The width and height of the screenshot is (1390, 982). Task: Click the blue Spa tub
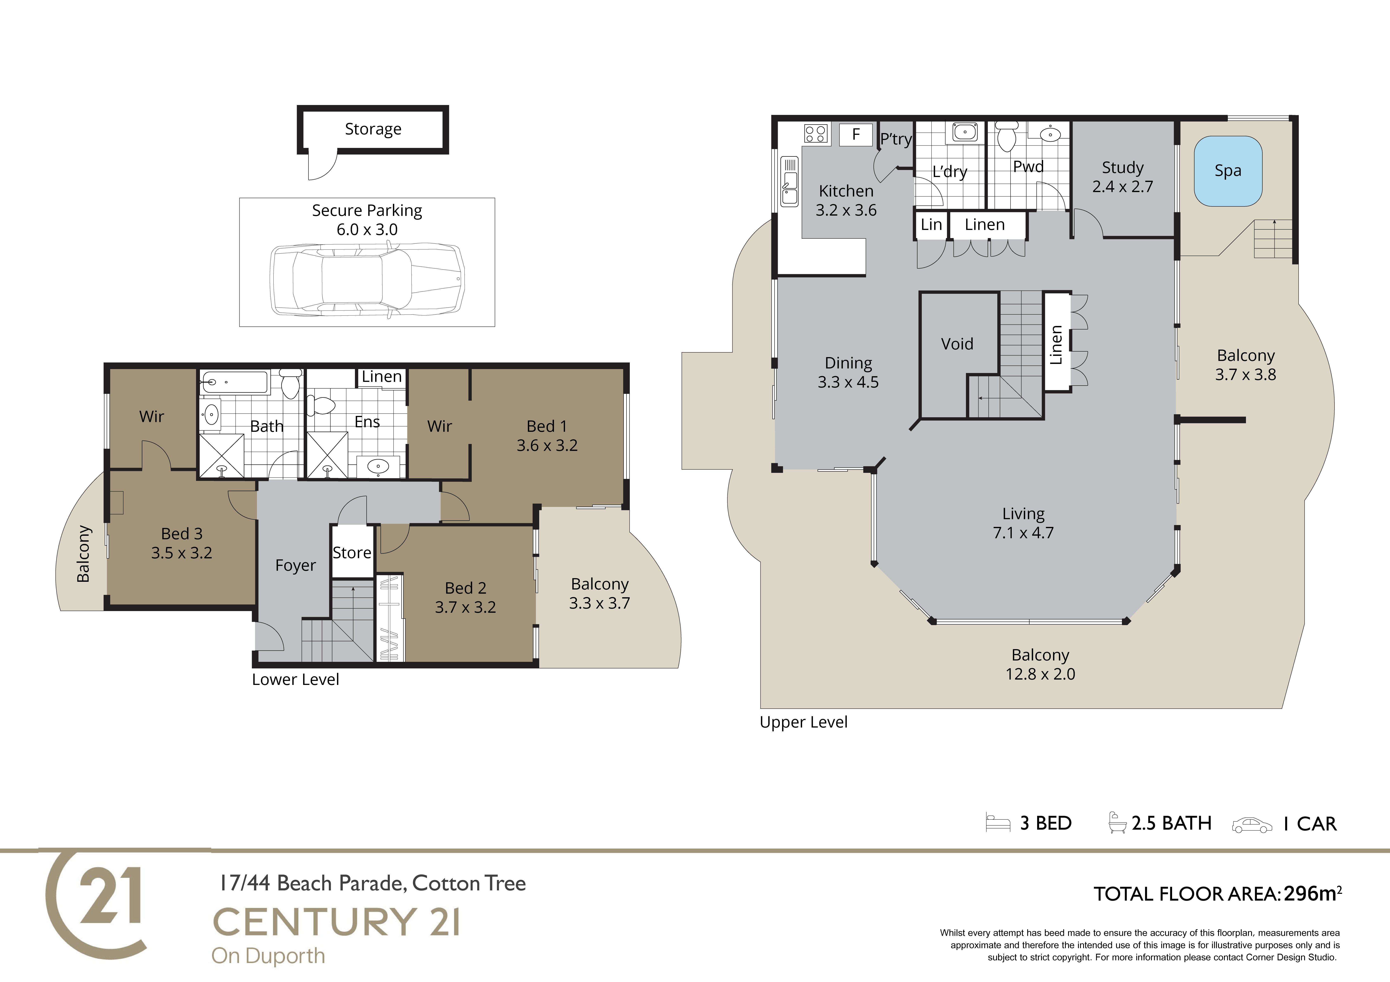(x=1228, y=171)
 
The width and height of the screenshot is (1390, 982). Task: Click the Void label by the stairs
(x=957, y=344)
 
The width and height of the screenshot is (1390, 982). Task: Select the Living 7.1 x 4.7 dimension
(x=1023, y=533)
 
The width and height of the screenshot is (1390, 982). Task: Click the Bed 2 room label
(x=466, y=588)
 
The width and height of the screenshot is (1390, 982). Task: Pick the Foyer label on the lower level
(x=295, y=565)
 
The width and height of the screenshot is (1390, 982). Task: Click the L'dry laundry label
(x=949, y=172)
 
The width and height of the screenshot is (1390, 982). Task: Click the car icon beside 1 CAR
(x=1252, y=825)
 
